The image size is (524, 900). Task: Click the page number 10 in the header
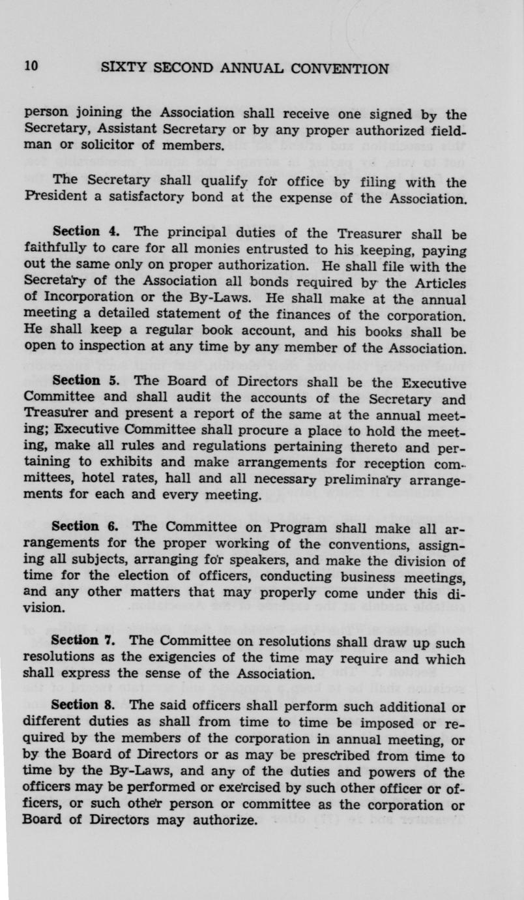click(x=31, y=67)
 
